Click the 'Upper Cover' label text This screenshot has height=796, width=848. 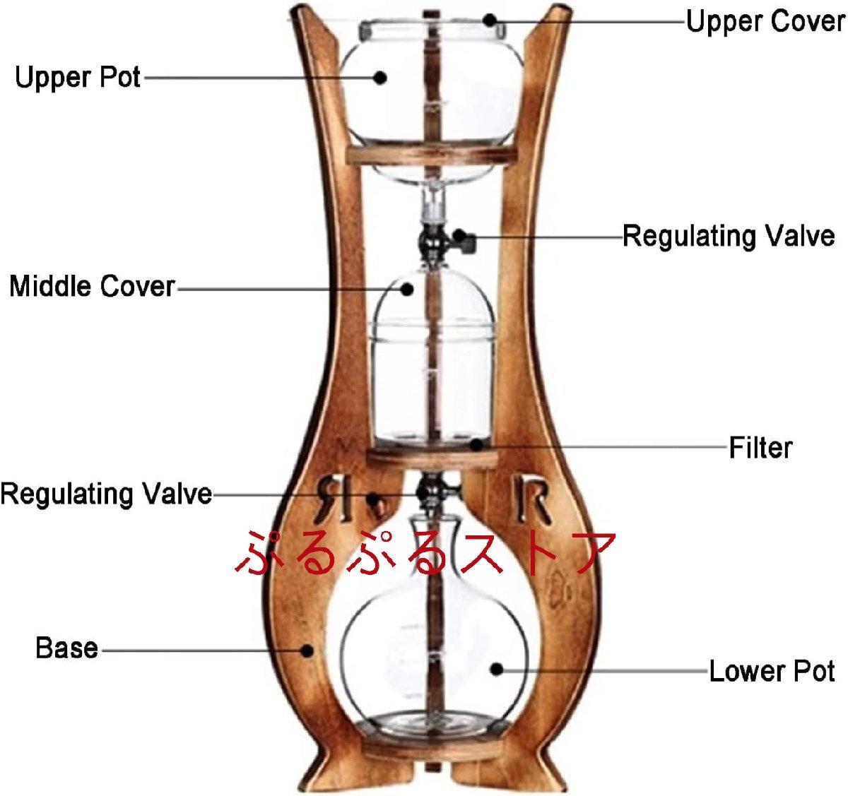pyautogui.click(x=765, y=21)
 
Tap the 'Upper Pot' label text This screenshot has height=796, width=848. pyautogui.click(x=78, y=77)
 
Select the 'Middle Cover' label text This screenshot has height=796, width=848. pyautogui.click(x=92, y=286)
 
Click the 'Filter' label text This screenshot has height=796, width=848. pyautogui.click(x=760, y=448)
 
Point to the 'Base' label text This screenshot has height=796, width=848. pyautogui.click(x=66, y=648)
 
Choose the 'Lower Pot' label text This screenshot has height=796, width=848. pyautogui.click(x=772, y=671)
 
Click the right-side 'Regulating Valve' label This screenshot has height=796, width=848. pyautogui.click(x=728, y=236)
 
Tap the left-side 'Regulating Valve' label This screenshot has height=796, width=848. pyautogui.click(x=106, y=493)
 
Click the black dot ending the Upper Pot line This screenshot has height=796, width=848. pyautogui.click(x=380, y=78)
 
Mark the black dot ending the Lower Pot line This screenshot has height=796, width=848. pyautogui.click(x=497, y=668)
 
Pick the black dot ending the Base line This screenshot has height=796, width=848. pyautogui.click(x=307, y=650)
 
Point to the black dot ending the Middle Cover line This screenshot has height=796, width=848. pyautogui.click(x=407, y=288)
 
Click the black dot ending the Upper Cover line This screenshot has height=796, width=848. pyautogui.click(x=490, y=20)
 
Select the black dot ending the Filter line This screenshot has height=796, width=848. pyautogui.click(x=478, y=445)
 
